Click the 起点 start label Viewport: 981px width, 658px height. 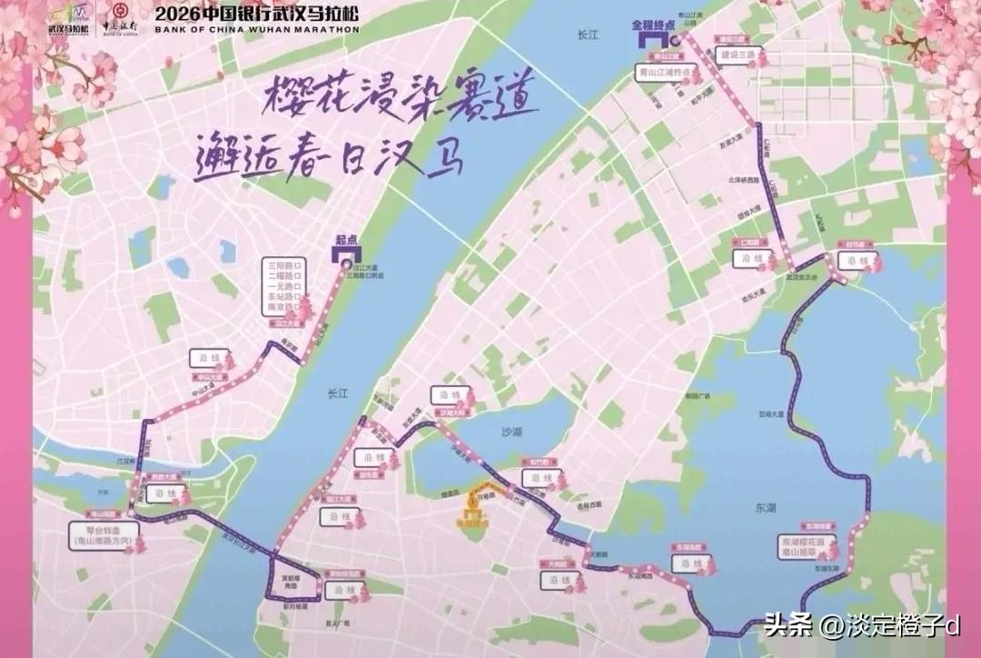(x=346, y=240)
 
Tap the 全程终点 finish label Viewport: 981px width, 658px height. (x=656, y=27)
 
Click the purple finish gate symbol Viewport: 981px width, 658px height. (x=652, y=40)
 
